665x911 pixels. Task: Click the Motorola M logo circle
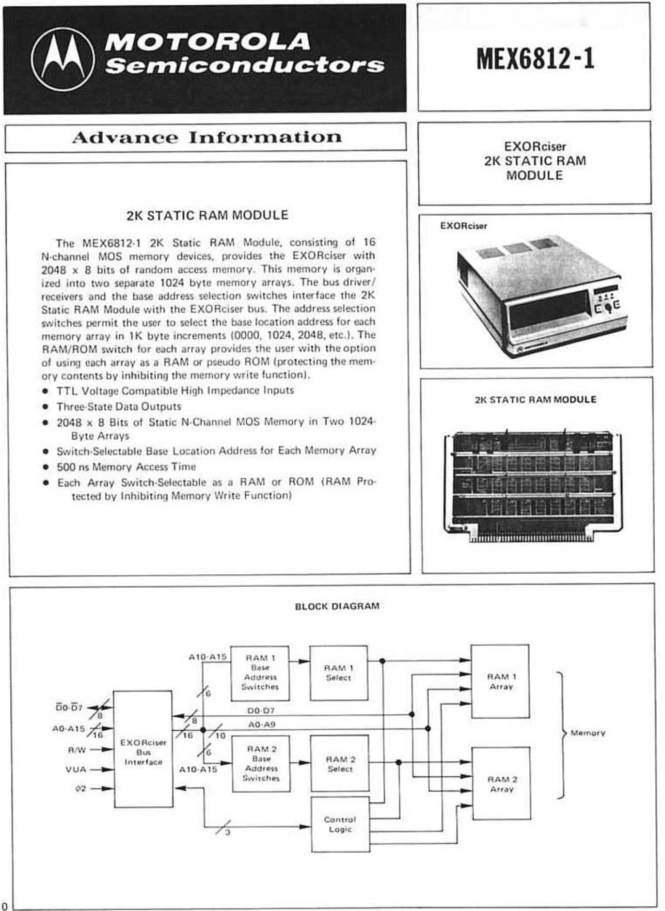click(x=63, y=59)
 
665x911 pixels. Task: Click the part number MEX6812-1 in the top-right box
click(x=535, y=59)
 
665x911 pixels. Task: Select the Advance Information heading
click(x=207, y=137)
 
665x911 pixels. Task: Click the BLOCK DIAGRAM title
click(x=337, y=606)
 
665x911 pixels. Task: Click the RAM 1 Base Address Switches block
click(x=260, y=673)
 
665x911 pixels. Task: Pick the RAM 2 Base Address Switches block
click(x=261, y=763)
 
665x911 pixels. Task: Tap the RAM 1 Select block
click(x=338, y=673)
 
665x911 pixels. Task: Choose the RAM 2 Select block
click(x=340, y=763)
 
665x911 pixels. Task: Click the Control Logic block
click(x=340, y=824)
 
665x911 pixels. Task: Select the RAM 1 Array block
click(x=501, y=681)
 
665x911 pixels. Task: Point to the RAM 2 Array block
click(x=502, y=784)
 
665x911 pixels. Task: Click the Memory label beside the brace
click(x=588, y=733)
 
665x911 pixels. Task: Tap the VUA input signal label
click(x=76, y=769)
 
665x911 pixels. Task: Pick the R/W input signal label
click(x=77, y=750)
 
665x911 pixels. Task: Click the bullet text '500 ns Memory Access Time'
click(x=127, y=467)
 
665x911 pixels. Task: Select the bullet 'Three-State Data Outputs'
click(x=119, y=407)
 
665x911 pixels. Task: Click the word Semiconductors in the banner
click(x=245, y=66)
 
